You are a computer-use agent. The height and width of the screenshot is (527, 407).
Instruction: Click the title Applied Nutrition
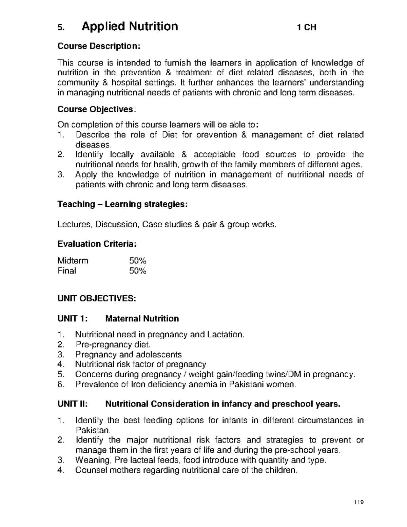click(130, 26)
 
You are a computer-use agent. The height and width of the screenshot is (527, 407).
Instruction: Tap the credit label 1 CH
click(306, 27)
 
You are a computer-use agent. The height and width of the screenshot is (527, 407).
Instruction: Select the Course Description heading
click(99, 46)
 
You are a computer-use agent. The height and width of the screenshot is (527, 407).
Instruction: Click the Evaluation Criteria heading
click(97, 244)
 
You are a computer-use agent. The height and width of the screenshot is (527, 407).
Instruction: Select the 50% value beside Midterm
click(137, 261)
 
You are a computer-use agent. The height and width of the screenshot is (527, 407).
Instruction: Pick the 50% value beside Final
click(137, 271)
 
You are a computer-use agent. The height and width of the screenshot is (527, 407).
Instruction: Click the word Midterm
click(73, 261)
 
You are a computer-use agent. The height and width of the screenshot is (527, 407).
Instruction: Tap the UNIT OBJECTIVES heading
click(97, 298)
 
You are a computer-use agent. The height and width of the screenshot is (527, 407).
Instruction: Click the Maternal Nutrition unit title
click(142, 319)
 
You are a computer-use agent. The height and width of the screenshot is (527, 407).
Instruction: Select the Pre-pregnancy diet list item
click(113, 345)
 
